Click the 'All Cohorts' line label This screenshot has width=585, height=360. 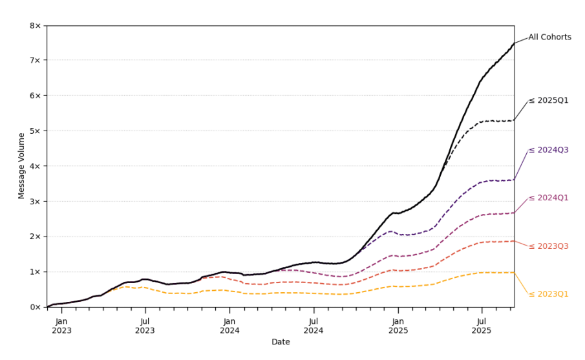[x=549, y=37]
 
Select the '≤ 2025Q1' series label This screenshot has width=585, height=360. [x=548, y=101]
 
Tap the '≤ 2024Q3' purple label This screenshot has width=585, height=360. [x=548, y=150]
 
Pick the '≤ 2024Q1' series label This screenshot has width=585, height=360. [x=548, y=198]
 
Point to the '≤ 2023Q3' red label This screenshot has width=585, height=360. [x=548, y=246]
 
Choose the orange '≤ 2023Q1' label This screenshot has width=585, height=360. [x=548, y=294]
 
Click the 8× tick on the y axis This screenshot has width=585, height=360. [x=35, y=26]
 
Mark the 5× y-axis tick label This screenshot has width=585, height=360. [x=35, y=131]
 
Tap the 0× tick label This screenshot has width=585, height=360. [x=35, y=307]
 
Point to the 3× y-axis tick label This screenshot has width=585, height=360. [x=35, y=202]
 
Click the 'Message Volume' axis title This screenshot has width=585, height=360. [x=22, y=165]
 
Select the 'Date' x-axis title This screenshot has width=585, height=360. [x=281, y=342]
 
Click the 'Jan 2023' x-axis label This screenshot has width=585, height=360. [x=61, y=326]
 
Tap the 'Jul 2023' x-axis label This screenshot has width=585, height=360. [x=145, y=326]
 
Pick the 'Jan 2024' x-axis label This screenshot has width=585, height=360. [x=229, y=326]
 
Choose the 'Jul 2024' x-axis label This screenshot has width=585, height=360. [x=314, y=326]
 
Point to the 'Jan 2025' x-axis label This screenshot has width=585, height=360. [x=398, y=326]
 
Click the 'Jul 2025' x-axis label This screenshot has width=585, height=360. [x=482, y=326]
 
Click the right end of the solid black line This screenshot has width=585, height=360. [x=514, y=43]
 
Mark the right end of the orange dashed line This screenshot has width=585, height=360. [x=514, y=272]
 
